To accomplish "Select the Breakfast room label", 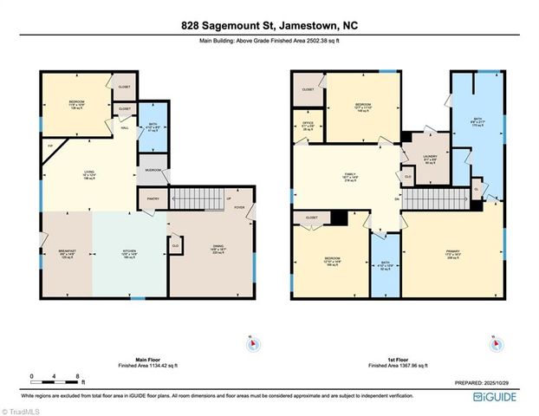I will [67, 254].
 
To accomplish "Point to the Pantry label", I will [151, 198].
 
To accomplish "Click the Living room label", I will [88, 175].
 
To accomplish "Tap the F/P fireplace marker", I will [51, 146].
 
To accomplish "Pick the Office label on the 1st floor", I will [307, 127].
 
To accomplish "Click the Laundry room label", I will [429, 159].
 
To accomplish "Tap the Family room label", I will [350, 176].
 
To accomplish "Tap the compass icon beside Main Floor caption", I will [251, 345].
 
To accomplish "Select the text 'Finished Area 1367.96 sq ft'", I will [399, 367].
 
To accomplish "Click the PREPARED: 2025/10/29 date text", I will [486, 381].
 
